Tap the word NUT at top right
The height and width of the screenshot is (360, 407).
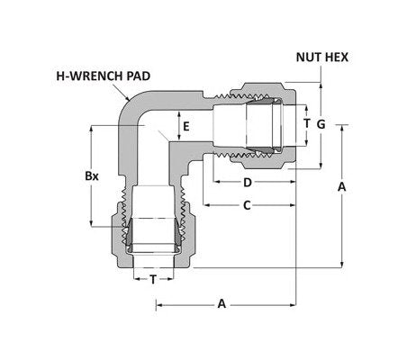pos(310,56)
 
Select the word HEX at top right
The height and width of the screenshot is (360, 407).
pos(338,56)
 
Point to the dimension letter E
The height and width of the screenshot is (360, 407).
pos(186,126)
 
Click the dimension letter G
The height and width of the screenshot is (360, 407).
pos(320,122)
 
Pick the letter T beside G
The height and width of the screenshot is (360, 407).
pos(306,122)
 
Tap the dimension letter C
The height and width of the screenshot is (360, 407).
pos(247,206)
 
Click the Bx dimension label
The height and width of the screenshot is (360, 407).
pos(91,176)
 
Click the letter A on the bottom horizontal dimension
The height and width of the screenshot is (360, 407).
pos(222,304)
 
